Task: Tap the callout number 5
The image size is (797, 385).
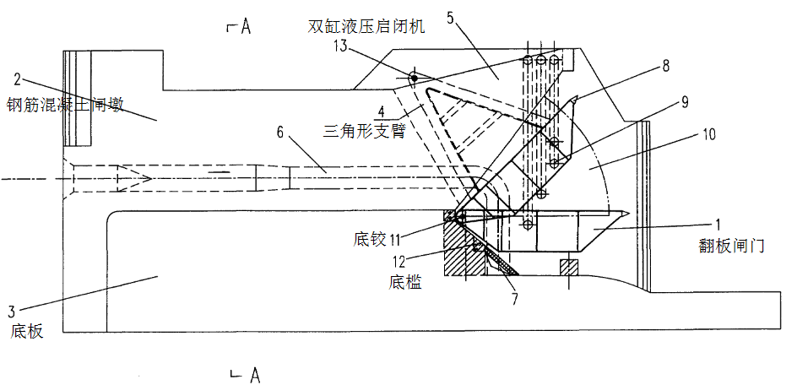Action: click(x=451, y=18)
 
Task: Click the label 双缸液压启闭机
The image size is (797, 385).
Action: click(x=366, y=26)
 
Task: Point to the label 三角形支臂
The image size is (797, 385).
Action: click(x=364, y=131)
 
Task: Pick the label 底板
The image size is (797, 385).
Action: click(x=26, y=332)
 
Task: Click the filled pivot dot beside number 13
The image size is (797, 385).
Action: click(x=415, y=78)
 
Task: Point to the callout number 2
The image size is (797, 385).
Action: click(x=17, y=79)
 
